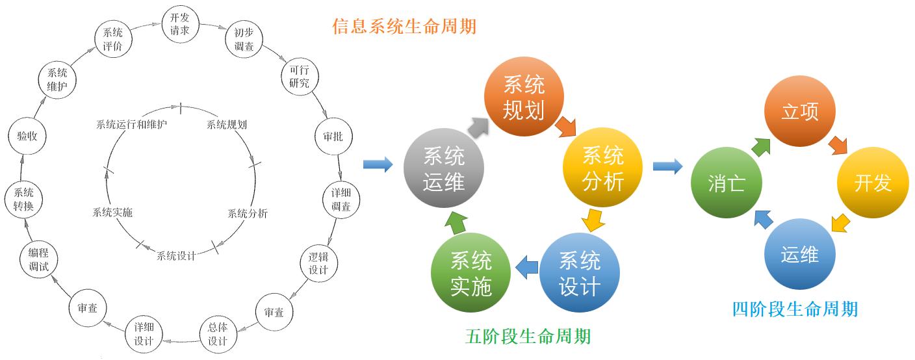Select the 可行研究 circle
pyautogui.click(x=300, y=77)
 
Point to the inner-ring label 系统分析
pyautogui.click(x=247, y=213)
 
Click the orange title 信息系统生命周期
pyautogui.click(x=404, y=27)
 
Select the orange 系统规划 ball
pyautogui.click(x=524, y=96)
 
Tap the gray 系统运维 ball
pyautogui.click(x=444, y=169)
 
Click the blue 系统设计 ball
pyautogui.click(x=579, y=273)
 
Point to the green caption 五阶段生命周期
pyautogui.click(x=528, y=337)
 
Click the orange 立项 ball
pyautogui.click(x=800, y=112)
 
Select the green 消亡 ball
pyautogui.click(x=727, y=183)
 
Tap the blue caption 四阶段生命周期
pyautogui.click(x=795, y=309)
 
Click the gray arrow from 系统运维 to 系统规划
pyautogui.click(x=478, y=127)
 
